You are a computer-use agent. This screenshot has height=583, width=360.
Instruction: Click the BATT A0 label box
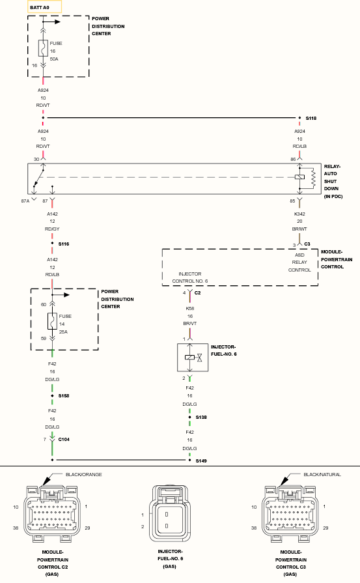(x=44, y=7)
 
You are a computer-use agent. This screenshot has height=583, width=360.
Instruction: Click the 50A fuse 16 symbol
(x=43, y=48)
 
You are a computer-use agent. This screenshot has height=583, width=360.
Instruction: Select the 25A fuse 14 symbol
(x=52, y=321)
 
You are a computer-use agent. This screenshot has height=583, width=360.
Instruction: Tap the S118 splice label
(x=311, y=119)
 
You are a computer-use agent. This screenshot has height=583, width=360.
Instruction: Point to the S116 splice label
(x=64, y=244)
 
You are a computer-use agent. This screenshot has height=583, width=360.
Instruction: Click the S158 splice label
(x=64, y=395)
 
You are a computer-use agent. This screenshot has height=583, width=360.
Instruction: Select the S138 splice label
(x=201, y=417)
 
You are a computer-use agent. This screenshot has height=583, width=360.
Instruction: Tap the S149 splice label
(x=201, y=461)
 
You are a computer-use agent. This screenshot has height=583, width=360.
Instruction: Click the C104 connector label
(x=64, y=440)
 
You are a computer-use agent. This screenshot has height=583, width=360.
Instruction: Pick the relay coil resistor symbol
(x=313, y=178)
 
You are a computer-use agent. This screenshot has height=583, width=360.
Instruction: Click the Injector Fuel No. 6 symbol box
(x=193, y=358)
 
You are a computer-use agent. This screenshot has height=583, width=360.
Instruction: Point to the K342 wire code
(x=299, y=214)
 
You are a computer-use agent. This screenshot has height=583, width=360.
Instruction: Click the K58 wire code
(x=190, y=308)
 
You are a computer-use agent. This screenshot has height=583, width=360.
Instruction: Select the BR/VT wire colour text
(x=190, y=324)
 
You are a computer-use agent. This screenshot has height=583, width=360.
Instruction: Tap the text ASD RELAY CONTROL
(x=299, y=263)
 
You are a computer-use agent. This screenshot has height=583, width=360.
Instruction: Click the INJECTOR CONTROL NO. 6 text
(x=190, y=277)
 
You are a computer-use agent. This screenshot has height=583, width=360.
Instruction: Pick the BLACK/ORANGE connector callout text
(x=83, y=474)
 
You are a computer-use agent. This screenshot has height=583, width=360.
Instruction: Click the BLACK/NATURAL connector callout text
(x=322, y=474)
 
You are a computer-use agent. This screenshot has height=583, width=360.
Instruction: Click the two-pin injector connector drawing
(x=170, y=513)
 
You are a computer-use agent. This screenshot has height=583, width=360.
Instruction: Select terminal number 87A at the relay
(x=25, y=201)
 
